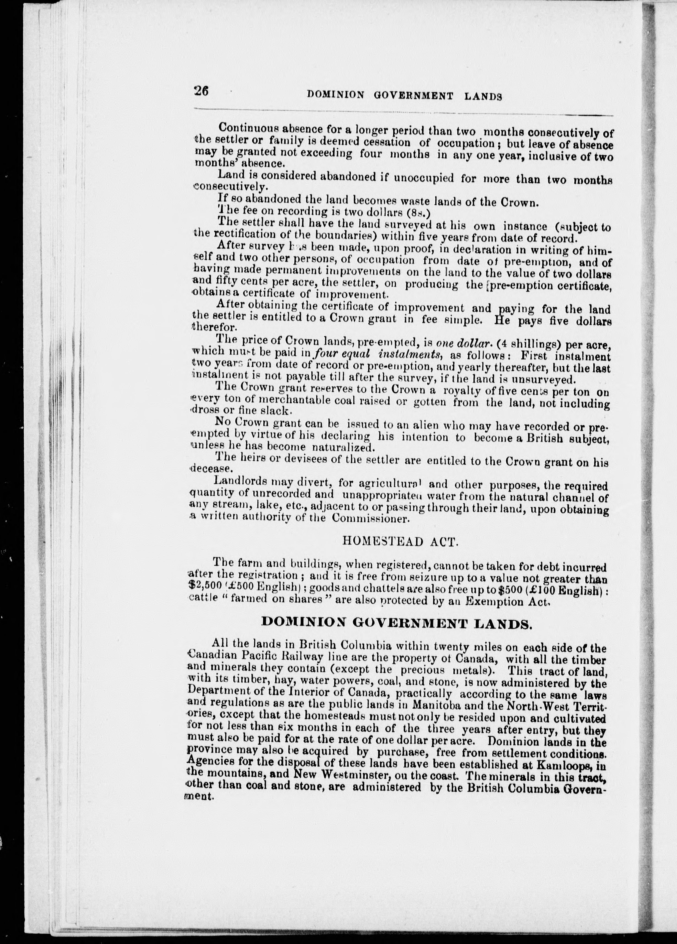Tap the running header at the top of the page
click(x=404, y=95)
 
